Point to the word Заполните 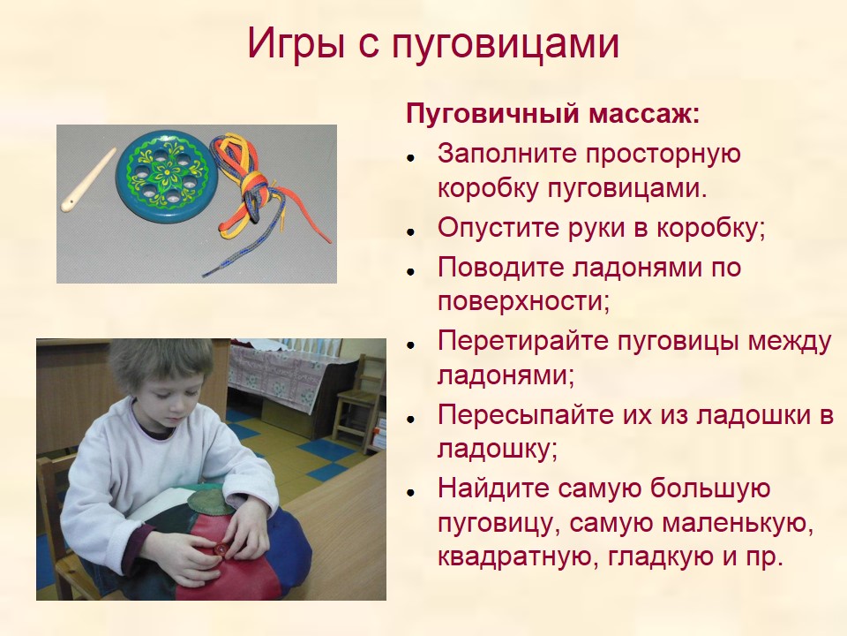pos(506,154)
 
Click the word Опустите pos(498,228)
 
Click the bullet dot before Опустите pos(411,231)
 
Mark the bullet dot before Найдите pos(411,492)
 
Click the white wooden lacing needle pos(88,179)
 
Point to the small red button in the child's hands pos(221,549)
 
